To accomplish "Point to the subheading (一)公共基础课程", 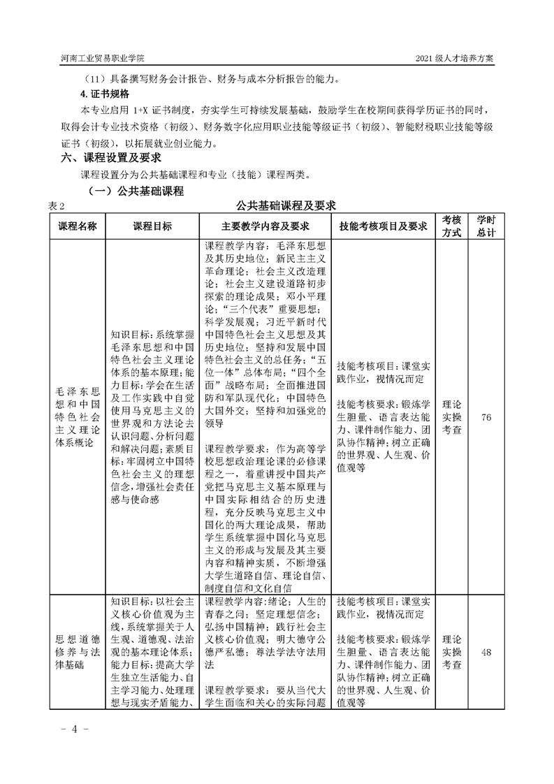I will pyautogui.click(x=135, y=190).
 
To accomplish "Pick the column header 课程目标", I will pyautogui.click(x=152, y=226).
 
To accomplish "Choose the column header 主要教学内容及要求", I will pyautogui.click(x=265, y=226).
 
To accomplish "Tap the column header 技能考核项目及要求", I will pyautogui.click(x=382, y=226).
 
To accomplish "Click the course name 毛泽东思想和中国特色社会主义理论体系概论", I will pyautogui.click(x=76, y=417).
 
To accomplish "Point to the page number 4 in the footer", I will pyautogui.click(x=73, y=729).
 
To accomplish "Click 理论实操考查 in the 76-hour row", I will pyautogui.click(x=452, y=417).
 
